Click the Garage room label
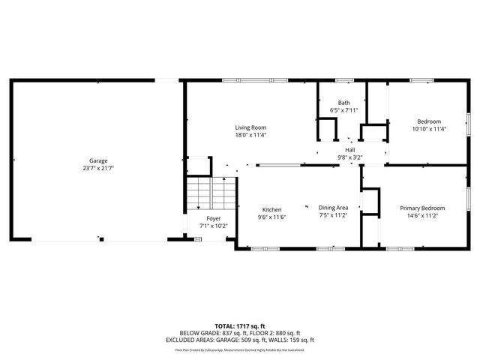click(x=98, y=160)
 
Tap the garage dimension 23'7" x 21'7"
click(x=98, y=169)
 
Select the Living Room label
click(x=250, y=127)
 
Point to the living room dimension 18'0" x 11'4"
click(x=250, y=136)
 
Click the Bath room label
click(x=343, y=103)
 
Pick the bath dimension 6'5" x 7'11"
click(x=343, y=110)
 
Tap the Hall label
click(x=349, y=150)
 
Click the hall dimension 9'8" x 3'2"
click(x=349, y=157)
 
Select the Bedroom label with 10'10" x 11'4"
click(x=429, y=121)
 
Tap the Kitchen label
click(x=271, y=209)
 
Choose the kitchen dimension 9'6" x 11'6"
click(x=271, y=217)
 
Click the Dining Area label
click(x=333, y=207)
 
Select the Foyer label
click(x=214, y=218)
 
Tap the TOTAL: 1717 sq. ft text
click(x=240, y=326)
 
